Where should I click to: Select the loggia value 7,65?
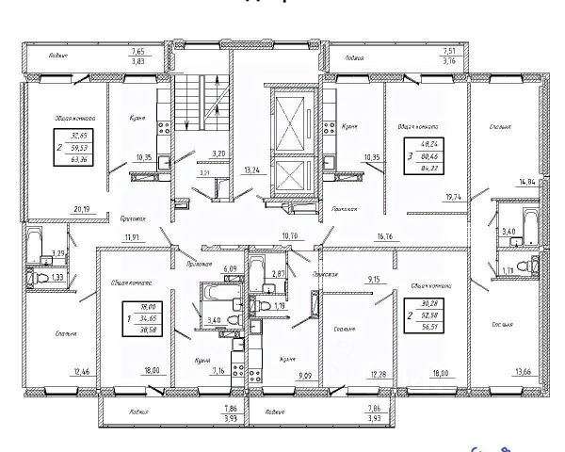coord(138,52)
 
